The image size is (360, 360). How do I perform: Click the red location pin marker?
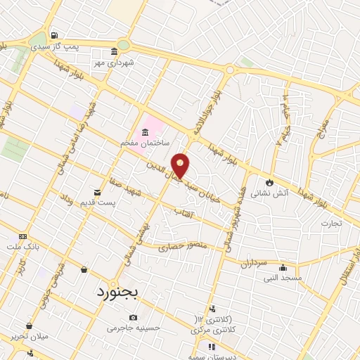(180, 166)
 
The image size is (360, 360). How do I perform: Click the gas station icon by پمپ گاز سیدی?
(55, 35)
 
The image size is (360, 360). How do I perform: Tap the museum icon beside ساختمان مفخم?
(145, 132)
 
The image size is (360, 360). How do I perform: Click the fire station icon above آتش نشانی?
(268, 181)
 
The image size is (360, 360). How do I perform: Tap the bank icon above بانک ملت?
(23, 236)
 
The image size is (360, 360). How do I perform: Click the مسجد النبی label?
(282, 278)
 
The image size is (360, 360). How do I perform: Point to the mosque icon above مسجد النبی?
(283, 267)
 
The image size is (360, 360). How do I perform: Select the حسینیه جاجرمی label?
(134, 328)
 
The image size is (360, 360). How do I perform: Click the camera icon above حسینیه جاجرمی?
(134, 318)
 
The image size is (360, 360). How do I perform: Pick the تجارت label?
(331, 224)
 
